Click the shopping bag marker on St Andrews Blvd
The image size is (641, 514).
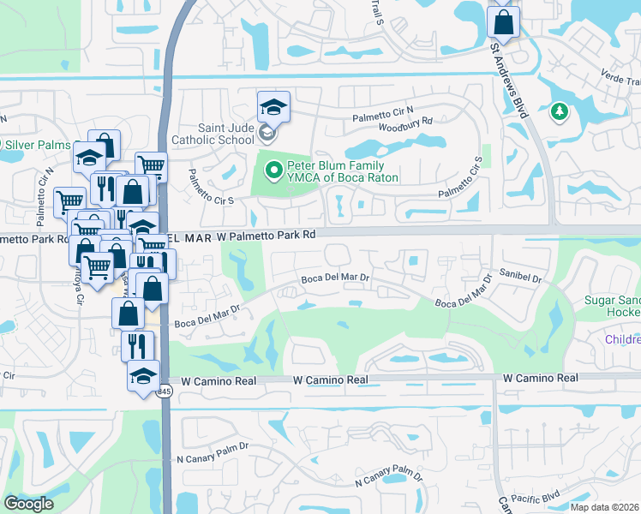point(503,21)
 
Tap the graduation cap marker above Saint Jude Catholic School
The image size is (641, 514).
point(273,107)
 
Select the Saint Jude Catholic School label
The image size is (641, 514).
point(213,133)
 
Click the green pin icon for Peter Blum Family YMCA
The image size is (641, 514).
point(274,171)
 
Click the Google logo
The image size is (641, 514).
point(29,504)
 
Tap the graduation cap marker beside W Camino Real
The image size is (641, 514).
point(143,377)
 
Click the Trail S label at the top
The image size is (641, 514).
point(376,10)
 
